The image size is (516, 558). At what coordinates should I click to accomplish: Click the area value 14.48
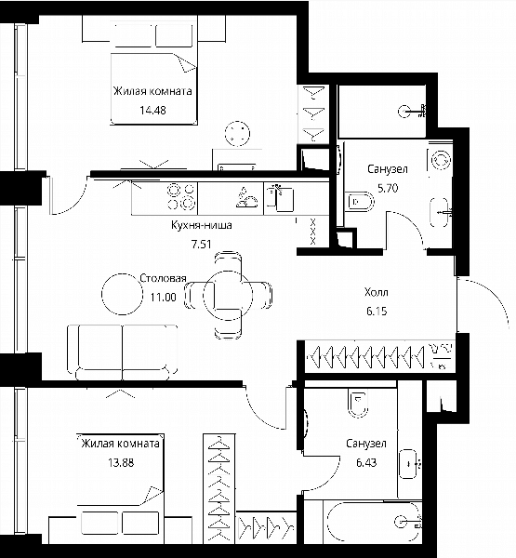coord(152,111)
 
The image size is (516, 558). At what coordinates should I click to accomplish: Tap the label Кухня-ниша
coord(202,225)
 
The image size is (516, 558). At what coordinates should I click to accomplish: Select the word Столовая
coord(163,278)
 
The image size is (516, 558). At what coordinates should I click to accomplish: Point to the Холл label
coord(377,292)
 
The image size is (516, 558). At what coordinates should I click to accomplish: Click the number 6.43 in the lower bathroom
coord(366,462)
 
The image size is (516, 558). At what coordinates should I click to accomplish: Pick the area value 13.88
coord(121,462)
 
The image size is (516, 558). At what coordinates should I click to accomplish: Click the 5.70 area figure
coord(388,188)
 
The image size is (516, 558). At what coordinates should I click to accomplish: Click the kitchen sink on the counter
coord(280,197)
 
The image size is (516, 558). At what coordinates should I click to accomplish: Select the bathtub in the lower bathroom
coord(374,522)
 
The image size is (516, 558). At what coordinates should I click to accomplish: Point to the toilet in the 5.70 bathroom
coord(360,202)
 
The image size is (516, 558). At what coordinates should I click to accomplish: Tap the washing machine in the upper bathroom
coord(440,160)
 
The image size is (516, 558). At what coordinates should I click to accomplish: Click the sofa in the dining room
coord(122,352)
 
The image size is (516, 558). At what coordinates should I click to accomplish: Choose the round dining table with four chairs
coord(228,295)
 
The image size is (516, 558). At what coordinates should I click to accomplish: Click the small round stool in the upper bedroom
coord(237,134)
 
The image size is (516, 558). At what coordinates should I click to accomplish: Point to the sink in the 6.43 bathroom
coord(408,464)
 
